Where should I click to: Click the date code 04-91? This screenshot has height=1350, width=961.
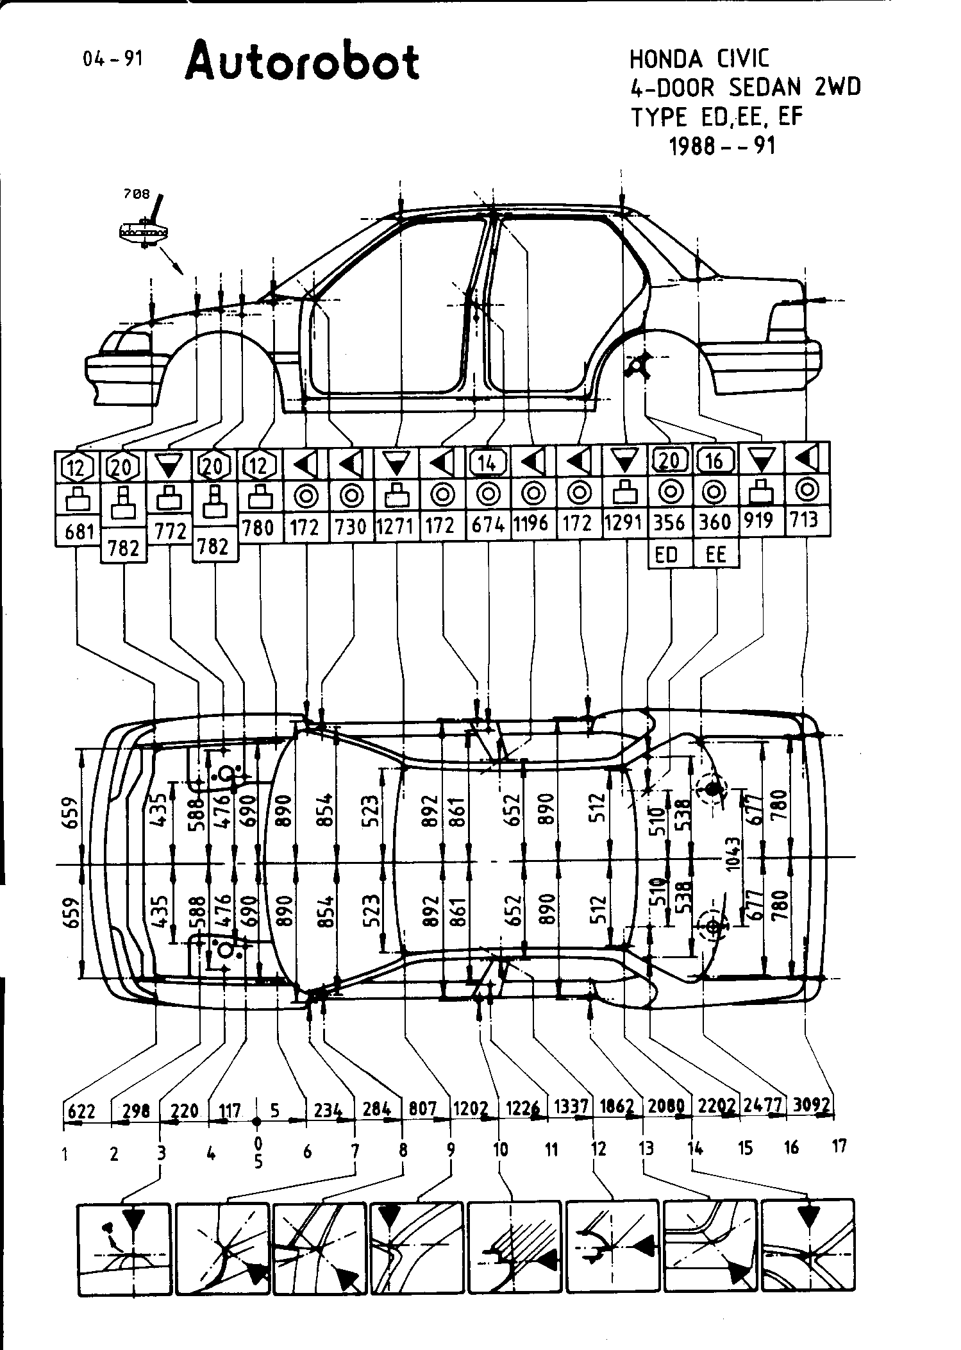pyautogui.click(x=112, y=59)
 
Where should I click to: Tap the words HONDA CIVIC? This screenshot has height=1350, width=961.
pyautogui.click(x=699, y=59)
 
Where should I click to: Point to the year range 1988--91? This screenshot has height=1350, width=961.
pyautogui.click(x=723, y=146)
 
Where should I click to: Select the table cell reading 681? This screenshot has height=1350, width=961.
pyautogui.click(x=77, y=531)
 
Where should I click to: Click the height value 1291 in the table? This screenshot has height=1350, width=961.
pyautogui.click(x=624, y=523)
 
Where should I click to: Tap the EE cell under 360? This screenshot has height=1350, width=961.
pyautogui.click(x=715, y=554)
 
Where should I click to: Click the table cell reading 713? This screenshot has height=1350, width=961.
pyautogui.click(x=805, y=519)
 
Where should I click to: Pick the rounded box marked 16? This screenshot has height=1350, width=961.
pyautogui.click(x=715, y=460)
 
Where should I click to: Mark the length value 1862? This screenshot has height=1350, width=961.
pyautogui.click(x=617, y=1107)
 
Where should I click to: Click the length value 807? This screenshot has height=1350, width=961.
pyautogui.click(x=422, y=1108)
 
